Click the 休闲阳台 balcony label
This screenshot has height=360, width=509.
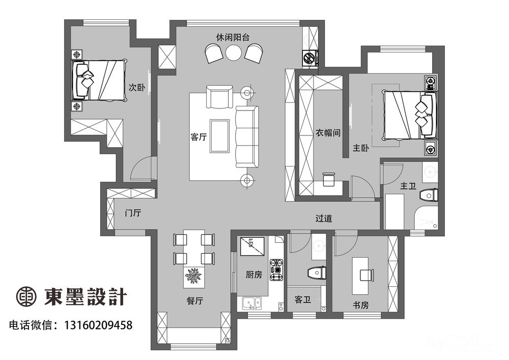(x=233, y=37)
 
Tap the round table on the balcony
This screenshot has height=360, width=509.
(x=234, y=52)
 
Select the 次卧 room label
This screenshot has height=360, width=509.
(x=136, y=87)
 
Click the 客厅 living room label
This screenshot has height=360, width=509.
(x=199, y=137)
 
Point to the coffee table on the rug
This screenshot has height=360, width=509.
(x=220, y=136)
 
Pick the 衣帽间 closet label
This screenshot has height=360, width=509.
(x=328, y=132)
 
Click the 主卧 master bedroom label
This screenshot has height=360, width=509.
(x=361, y=148)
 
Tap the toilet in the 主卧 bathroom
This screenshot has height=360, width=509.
(x=429, y=196)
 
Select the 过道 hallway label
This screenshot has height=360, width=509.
(x=324, y=218)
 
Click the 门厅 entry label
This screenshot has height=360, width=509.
(x=133, y=213)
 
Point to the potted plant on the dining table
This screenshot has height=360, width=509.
(x=193, y=276)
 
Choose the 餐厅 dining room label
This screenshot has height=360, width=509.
(x=195, y=300)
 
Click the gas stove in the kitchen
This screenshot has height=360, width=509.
(x=277, y=270)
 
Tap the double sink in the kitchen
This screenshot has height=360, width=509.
(x=251, y=303)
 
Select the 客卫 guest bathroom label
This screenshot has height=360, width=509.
(x=302, y=299)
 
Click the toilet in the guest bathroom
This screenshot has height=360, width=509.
(x=317, y=273)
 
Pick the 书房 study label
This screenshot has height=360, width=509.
(x=361, y=305)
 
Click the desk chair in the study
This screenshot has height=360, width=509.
(x=367, y=275)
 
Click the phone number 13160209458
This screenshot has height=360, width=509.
(x=98, y=325)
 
